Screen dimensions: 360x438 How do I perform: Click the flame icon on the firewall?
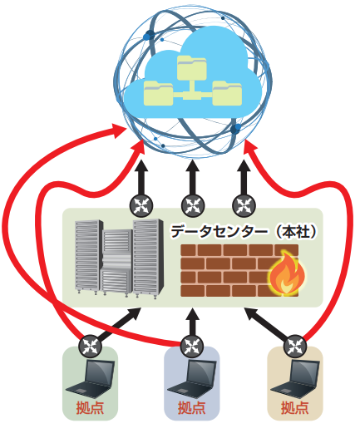[287, 273]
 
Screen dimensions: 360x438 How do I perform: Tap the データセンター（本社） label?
[244, 232]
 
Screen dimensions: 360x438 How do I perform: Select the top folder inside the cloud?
[192, 67]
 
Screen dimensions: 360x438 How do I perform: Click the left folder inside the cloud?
[159, 94]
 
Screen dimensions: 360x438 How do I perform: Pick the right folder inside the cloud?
[227, 94]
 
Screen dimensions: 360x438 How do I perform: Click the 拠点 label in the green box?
[90, 408]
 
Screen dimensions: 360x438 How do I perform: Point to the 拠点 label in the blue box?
[192, 408]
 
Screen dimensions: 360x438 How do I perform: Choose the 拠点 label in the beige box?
[295, 408]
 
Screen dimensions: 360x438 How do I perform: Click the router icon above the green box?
[90, 347]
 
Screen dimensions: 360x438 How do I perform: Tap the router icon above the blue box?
[193, 347]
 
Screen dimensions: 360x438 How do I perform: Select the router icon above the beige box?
[295, 347]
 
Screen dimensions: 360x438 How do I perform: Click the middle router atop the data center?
[193, 206]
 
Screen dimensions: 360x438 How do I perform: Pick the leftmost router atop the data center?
[141, 206]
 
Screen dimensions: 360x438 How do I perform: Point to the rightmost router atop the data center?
[244, 206]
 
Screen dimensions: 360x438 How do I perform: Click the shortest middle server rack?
[116, 261]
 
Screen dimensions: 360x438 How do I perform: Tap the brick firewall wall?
[239, 270]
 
